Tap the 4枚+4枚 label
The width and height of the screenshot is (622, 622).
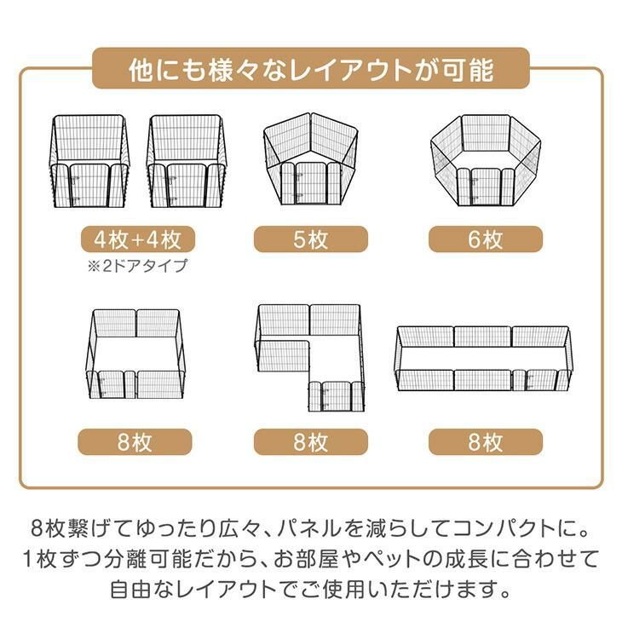(139, 238)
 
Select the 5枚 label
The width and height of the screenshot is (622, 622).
(311, 239)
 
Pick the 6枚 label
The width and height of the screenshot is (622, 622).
(486, 239)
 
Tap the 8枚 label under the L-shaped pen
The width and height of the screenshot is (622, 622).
(311, 442)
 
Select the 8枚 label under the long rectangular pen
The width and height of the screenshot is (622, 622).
(486, 442)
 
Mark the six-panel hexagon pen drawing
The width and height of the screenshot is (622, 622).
(486, 162)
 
